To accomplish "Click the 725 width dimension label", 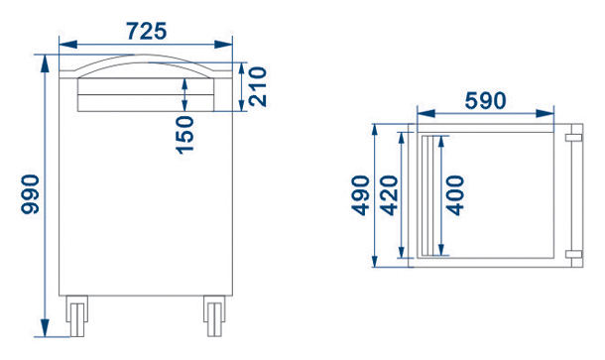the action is (x=147, y=32).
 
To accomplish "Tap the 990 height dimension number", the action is (x=30, y=194).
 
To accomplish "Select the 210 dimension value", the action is (x=258, y=86).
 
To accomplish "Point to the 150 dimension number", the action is (x=184, y=135).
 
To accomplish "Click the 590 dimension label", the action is (x=485, y=101).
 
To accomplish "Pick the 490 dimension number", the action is (x=360, y=195).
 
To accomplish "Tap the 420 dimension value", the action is (x=389, y=195).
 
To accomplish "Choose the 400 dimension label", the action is (x=455, y=195).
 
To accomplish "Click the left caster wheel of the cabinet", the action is (x=76, y=316).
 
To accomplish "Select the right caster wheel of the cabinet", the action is (x=214, y=316).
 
